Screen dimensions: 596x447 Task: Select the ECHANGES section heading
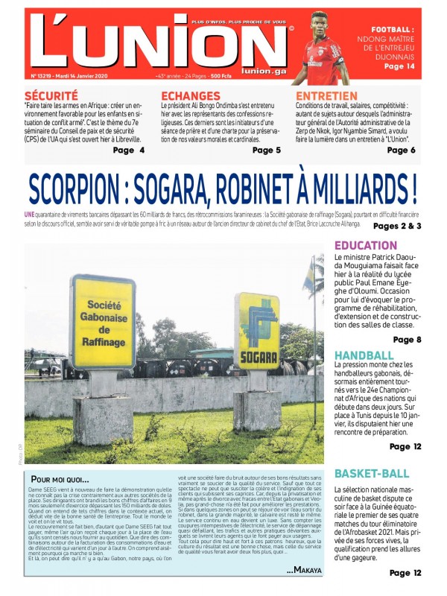[190, 96]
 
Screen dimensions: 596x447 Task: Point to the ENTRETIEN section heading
[325, 96]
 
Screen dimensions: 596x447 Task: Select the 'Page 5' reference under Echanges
[266, 150]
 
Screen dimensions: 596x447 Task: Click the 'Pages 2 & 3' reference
[397, 226]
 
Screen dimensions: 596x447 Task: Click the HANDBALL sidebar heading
[364, 355]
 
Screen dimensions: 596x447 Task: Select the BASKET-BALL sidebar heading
[371, 473]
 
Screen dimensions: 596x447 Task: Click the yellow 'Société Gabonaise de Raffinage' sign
[104, 321]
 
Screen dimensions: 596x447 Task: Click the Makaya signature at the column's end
[304, 571]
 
